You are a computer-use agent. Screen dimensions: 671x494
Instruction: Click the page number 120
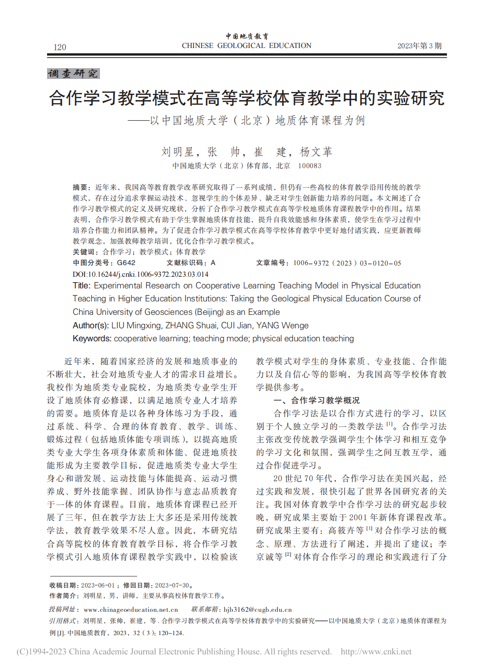(60, 47)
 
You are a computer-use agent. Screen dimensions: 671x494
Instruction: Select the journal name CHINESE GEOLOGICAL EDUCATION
(247, 45)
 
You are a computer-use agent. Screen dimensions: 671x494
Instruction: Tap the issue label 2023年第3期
(419, 46)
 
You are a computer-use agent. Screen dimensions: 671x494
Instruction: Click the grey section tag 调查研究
(73, 74)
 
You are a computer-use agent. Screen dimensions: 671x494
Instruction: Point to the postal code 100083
(310, 166)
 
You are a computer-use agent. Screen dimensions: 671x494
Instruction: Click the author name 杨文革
(316, 152)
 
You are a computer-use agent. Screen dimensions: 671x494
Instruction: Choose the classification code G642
(126, 263)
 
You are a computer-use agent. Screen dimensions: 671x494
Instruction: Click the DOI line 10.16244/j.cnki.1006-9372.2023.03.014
(140, 274)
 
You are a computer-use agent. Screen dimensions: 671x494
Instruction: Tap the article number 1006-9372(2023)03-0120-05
(347, 263)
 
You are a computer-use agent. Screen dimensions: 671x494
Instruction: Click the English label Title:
(82, 286)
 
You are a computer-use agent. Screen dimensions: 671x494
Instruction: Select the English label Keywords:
(92, 339)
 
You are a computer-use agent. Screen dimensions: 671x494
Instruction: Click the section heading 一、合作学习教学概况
(316, 400)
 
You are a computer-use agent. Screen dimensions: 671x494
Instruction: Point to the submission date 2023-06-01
(98, 585)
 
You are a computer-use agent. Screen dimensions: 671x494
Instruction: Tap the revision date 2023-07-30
(172, 585)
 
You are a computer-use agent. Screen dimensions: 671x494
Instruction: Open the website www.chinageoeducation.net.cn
(131, 610)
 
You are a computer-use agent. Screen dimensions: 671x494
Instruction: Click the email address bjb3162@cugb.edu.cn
(258, 610)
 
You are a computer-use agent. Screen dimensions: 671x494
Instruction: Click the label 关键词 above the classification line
(85, 252)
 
